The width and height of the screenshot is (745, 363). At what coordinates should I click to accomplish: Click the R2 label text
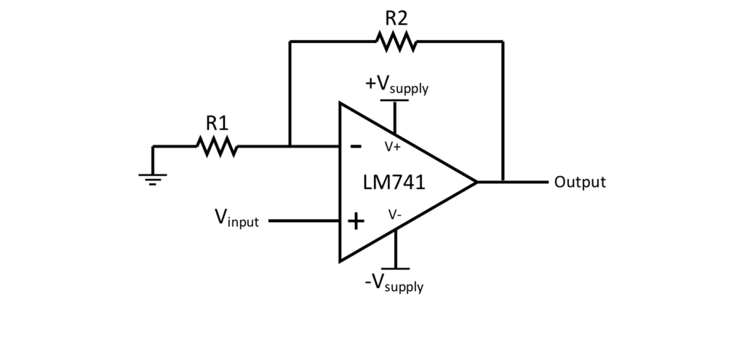click(396, 17)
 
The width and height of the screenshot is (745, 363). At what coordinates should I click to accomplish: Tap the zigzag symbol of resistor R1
click(217, 147)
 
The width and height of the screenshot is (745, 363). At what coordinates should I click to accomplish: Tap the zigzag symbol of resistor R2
click(397, 41)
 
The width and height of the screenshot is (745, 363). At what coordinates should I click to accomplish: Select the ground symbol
click(153, 177)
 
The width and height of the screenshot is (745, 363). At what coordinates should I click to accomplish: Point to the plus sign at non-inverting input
click(356, 221)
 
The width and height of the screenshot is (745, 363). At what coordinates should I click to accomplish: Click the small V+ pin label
click(393, 146)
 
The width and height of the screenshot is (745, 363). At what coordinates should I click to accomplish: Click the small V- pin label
click(394, 215)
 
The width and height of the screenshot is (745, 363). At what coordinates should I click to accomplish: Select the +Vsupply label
click(397, 84)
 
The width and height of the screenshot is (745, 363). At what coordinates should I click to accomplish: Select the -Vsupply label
click(394, 282)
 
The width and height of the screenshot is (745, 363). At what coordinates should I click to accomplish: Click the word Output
click(579, 182)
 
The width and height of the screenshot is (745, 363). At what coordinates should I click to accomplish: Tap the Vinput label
click(236, 218)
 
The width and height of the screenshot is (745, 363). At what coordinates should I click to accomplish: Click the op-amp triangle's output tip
click(477, 182)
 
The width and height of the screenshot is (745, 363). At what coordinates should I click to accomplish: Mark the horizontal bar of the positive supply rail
click(394, 101)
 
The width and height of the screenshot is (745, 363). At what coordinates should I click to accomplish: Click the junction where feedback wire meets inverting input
click(290, 147)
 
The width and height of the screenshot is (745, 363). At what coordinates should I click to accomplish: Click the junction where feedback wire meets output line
click(503, 182)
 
